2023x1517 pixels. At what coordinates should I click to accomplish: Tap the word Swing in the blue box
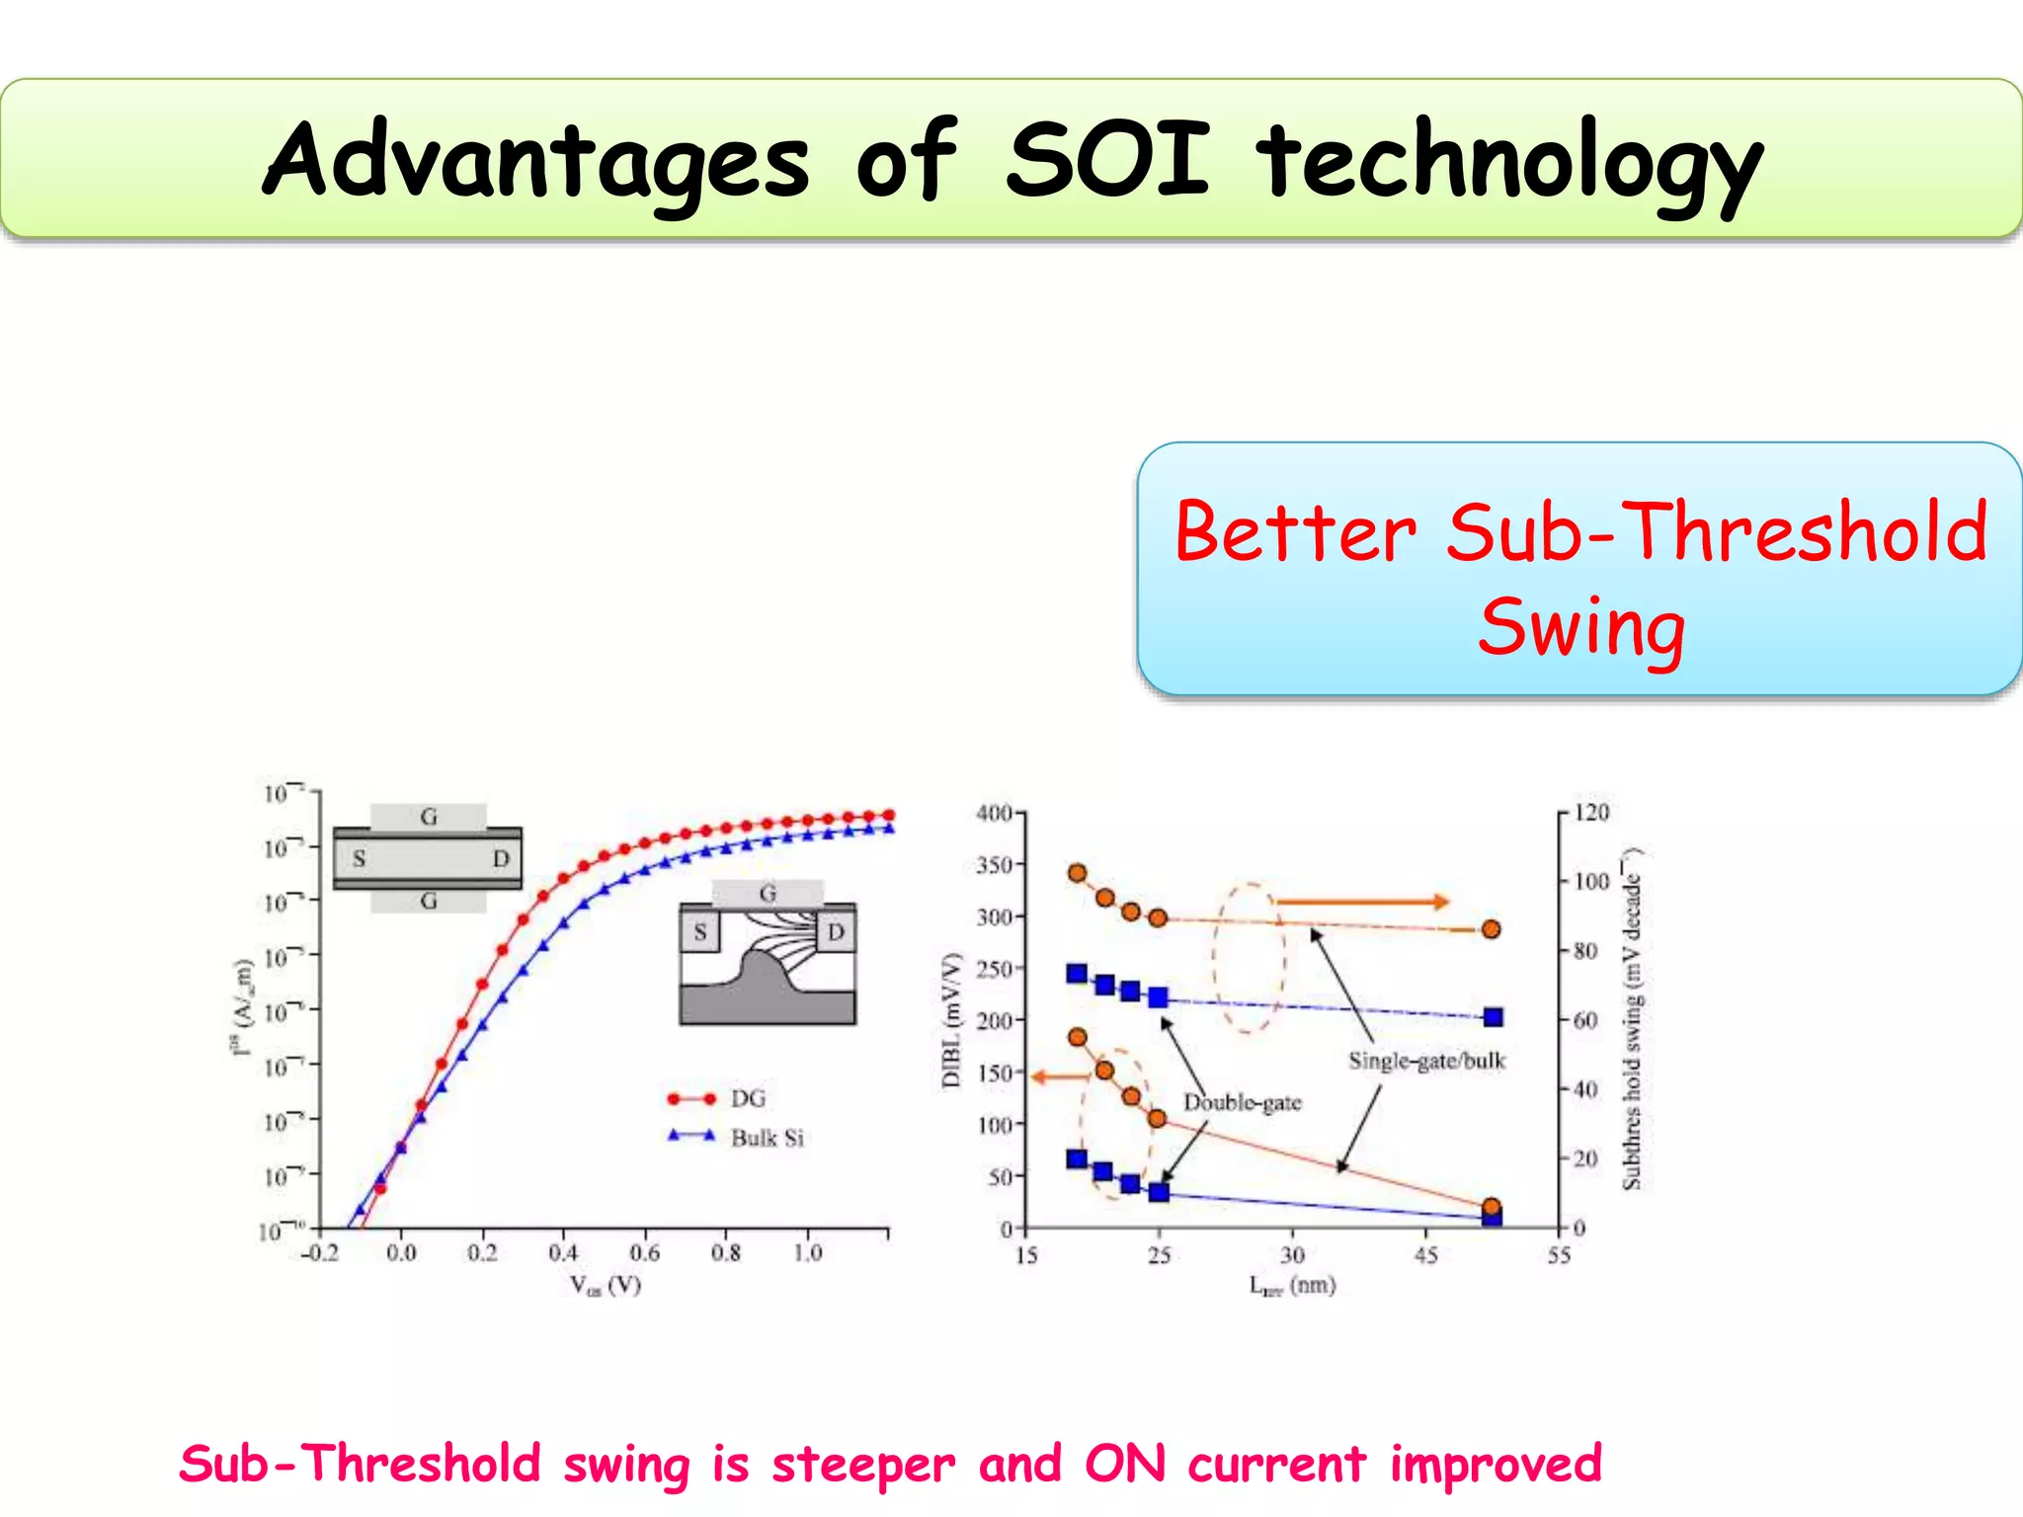(1581, 628)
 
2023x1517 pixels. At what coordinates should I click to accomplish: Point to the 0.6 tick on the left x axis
(644, 1252)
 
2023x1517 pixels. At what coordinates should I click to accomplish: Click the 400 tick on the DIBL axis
(994, 813)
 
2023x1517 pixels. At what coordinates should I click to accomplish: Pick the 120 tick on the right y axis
(1591, 812)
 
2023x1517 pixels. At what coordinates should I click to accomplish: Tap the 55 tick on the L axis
(1558, 1255)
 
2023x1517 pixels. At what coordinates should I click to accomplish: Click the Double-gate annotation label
(1242, 1102)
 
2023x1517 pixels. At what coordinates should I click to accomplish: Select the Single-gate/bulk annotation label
(1426, 1061)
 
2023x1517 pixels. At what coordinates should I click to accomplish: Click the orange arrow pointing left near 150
(1059, 1077)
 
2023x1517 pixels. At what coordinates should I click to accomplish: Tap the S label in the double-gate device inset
(359, 858)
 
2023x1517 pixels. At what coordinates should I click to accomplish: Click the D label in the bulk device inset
(836, 931)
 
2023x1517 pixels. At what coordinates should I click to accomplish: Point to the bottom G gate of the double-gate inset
(428, 901)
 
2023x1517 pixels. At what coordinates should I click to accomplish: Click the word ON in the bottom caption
(1124, 1464)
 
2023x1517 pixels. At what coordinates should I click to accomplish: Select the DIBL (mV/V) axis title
(950, 1020)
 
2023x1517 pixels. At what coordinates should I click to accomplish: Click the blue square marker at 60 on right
(1493, 1017)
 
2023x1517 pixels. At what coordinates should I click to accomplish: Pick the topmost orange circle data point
(1078, 873)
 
